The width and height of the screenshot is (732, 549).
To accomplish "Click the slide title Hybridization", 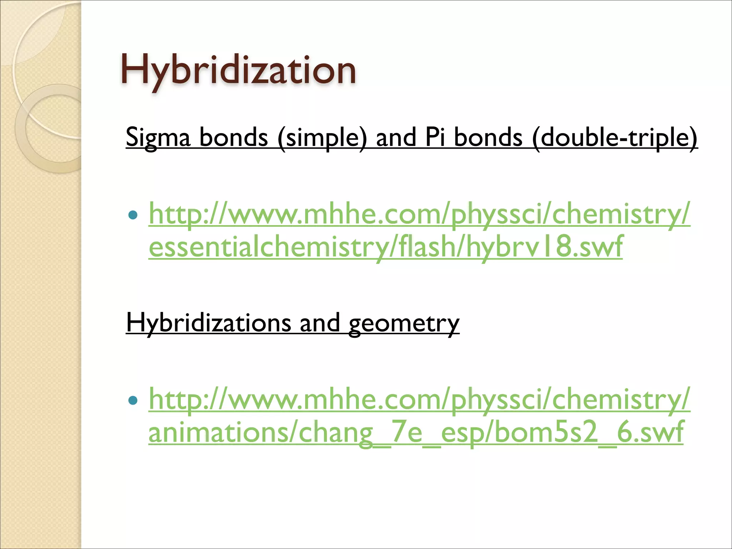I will pos(238,70).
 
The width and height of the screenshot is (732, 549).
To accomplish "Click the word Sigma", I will pos(158,138).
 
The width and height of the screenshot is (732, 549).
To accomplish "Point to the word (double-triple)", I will pos(614,138).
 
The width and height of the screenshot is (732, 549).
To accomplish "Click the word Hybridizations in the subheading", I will pos(208,323).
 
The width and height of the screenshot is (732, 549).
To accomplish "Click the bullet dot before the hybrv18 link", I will pos(133,215).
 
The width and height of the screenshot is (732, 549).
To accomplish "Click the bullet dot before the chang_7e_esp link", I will pos(133,400).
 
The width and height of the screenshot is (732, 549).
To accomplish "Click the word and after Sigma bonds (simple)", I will pos(396,138).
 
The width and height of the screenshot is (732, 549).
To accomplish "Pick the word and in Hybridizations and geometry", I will pos(320,323).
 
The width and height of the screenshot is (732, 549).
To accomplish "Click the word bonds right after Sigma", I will pos(233,138).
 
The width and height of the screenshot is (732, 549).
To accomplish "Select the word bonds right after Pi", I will pos(488,138).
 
